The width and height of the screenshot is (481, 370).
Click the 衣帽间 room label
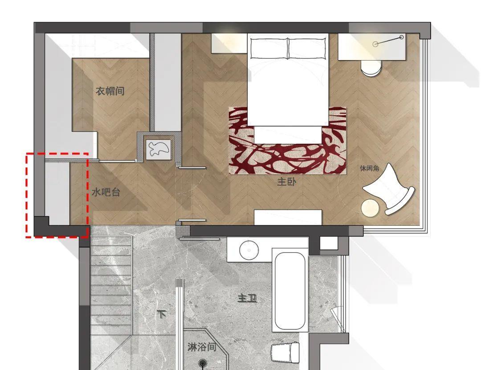(110, 91)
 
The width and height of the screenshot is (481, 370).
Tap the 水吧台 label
(106, 192)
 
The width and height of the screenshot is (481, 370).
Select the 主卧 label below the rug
(286, 182)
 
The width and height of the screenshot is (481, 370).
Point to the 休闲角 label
(369, 168)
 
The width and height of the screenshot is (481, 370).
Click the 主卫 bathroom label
(247, 298)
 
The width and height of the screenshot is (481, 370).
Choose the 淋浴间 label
(202, 347)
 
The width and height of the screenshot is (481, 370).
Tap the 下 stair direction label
(162, 314)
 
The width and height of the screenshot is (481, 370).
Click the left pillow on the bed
(269, 48)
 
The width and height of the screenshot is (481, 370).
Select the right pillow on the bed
(307, 48)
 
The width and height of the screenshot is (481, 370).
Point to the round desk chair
(371, 68)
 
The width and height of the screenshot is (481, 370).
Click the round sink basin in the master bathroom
(249, 250)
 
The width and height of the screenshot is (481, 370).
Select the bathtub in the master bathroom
(290, 291)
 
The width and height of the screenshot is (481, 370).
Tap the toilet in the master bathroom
(285, 352)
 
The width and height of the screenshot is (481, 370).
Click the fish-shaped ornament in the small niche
(158, 149)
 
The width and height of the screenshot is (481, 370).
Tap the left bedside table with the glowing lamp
(229, 43)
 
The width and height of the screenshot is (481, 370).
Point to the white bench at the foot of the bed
(288, 217)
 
